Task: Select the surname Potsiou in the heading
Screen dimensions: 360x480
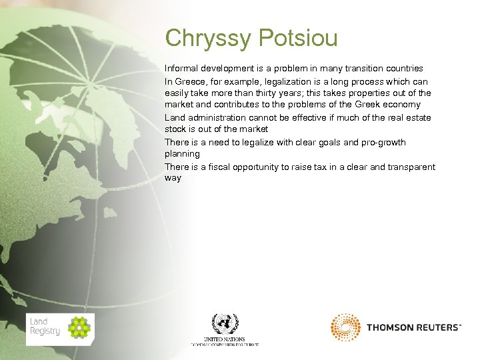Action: (x=295, y=38)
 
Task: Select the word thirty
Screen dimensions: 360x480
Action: (x=267, y=93)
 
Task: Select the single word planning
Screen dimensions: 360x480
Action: (x=182, y=154)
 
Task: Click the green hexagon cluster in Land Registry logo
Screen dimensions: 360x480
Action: (x=79, y=327)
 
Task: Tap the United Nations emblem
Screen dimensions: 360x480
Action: (x=225, y=324)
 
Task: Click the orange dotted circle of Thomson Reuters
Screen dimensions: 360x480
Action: (x=345, y=327)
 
